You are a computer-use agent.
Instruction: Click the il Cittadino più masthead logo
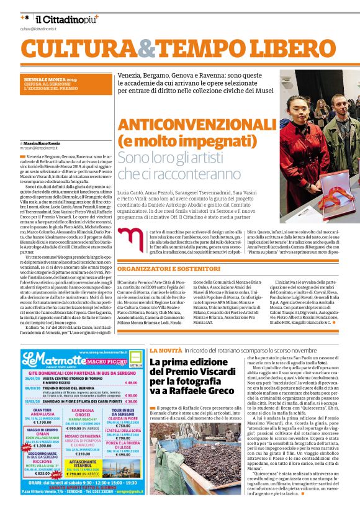62,19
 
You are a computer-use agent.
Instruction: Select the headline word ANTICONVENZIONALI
196,124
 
